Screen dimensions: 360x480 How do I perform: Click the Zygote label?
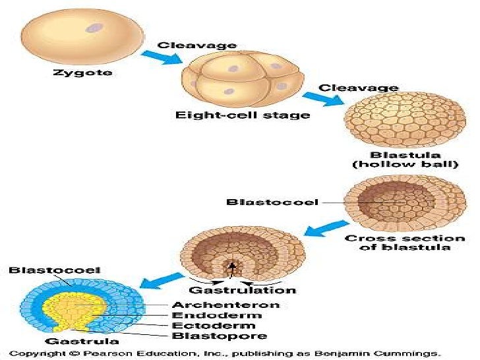(x=82, y=73)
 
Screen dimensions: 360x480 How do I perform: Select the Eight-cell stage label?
(x=242, y=115)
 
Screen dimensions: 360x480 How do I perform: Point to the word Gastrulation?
(x=243, y=289)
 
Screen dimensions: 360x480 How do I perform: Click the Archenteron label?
(x=225, y=305)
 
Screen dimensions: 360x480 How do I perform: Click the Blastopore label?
(x=219, y=336)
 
